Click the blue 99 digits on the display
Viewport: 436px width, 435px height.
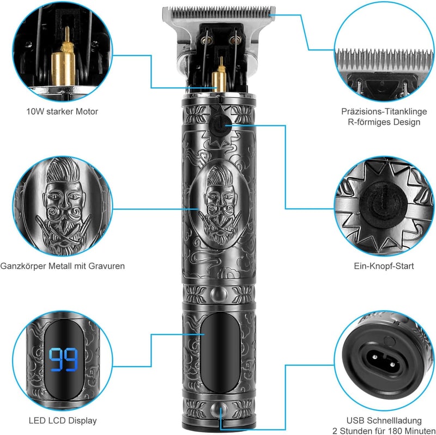pyautogui.click(x=63, y=359)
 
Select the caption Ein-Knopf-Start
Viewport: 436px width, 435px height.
pyautogui.click(x=384, y=266)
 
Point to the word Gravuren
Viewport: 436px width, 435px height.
pyautogui.click(x=106, y=266)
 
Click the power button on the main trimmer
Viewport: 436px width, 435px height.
pyautogui.click(x=219, y=126)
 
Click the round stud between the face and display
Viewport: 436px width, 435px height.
pyautogui.click(x=219, y=294)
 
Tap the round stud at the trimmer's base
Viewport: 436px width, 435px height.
pyautogui.click(x=219, y=410)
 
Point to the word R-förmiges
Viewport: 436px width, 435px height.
pyautogui.click(x=366, y=123)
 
